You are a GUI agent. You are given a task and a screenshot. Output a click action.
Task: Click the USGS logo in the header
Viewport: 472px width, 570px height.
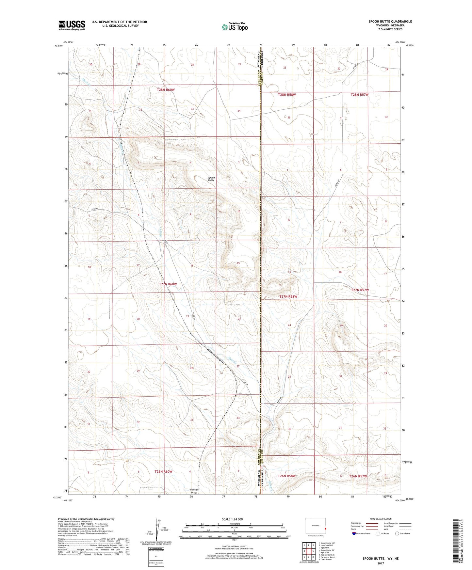click(x=72, y=25)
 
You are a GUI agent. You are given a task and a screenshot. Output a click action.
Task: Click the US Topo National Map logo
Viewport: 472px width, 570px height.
click(x=235, y=27)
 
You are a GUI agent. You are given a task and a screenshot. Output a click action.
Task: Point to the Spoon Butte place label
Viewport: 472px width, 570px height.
click(x=211, y=179)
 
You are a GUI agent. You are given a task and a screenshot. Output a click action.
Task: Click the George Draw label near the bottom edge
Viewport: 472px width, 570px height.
click(x=194, y=491)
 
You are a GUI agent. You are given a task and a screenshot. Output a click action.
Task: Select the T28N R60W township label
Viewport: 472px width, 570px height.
click(x=168, y=89)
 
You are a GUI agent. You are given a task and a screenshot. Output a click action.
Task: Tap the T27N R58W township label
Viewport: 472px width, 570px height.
click(x=288, y=297)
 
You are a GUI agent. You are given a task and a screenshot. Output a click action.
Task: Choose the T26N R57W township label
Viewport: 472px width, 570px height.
click(x=358, y=476)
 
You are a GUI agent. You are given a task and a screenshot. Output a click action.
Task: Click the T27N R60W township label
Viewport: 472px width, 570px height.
click(x=168, y=284)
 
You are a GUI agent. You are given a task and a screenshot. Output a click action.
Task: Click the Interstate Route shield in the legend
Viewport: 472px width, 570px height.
click(x=354, y=534)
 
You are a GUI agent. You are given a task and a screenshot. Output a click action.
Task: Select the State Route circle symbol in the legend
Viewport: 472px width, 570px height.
click(x=397, y=534)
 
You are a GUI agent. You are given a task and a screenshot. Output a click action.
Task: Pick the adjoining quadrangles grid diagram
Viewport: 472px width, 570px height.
click(x=308, y=551)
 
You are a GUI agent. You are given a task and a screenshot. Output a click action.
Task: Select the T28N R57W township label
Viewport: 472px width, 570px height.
click(x=360, y=95)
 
